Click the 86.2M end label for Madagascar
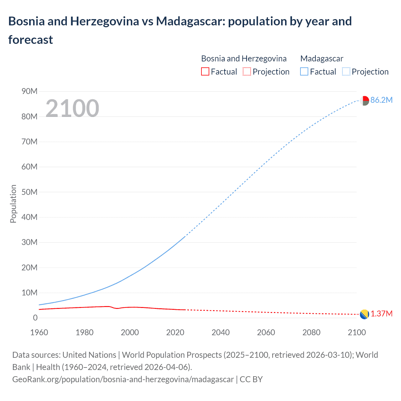click(381, 100)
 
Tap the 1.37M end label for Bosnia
click(382, 314)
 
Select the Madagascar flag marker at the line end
click(364, 101)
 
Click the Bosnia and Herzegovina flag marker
click(364, 314)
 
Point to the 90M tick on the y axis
click(29, 91)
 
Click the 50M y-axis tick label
click(29, 192)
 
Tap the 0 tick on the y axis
click(35, 318)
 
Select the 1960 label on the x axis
click(39, 332)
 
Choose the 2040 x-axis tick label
click(221, 332)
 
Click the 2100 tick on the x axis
click(357, 332)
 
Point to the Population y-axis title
click(13, 204)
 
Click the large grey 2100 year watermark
click(72, 108)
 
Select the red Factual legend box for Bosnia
click(205, 72)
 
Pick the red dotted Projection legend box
click(247, 72)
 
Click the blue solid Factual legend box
click(304, 72)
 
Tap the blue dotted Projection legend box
click(346, 72)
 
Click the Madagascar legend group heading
click(322, 59)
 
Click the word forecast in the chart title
click(31, 40)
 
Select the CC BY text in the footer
click(251, 379)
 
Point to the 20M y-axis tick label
click(29, 268)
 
